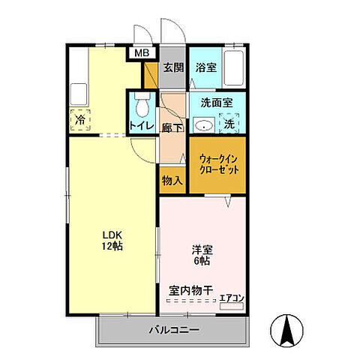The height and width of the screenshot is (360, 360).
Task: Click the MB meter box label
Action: point(141,53)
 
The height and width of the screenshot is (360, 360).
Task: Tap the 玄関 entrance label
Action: point(173,67)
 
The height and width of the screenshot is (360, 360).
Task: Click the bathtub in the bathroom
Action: point(235,70)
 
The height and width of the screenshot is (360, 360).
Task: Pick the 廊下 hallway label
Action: point(172,127)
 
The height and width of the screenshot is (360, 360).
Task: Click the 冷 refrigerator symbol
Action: point(79,118)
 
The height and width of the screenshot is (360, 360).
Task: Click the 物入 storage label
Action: point(172,181)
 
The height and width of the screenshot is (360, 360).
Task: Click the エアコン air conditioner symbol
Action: point(232,299)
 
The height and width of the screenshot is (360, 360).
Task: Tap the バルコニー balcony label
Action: point(173,329)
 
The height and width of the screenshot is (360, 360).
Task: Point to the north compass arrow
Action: point(286,329)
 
